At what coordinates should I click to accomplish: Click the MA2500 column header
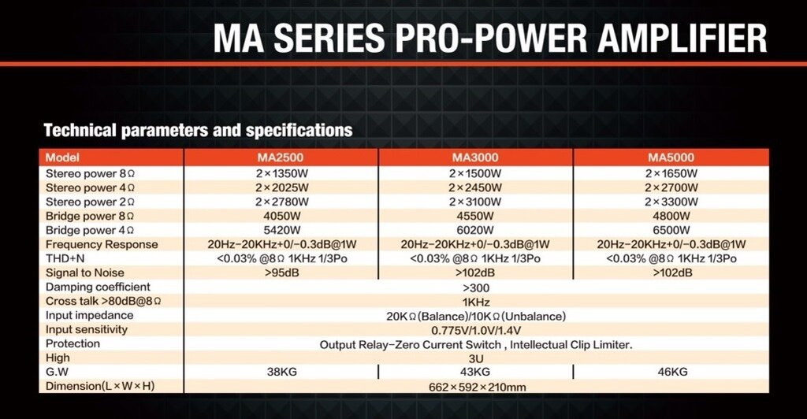[x=281, y=158]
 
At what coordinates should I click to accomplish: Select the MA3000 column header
[x=475, y=158]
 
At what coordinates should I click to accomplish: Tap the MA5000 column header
[x=671, y=158]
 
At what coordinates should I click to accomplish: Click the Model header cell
[x=62, y=158]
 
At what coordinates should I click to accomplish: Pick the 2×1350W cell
[x=281, y=173]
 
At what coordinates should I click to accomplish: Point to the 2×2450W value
[x=475, y=187]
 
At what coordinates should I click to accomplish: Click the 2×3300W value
[x=671, y=202]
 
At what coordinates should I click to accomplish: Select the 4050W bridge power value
[x=281, y=216]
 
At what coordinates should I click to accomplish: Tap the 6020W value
[x=475, y=230]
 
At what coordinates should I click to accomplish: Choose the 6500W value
[x=671, y=230]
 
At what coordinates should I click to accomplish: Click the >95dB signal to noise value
[x=281, y=273]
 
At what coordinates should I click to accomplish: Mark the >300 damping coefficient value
[x=475, y=287]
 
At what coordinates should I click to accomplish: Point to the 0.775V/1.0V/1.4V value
[x=476, y=330]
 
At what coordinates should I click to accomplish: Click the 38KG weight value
[x=282, y=372]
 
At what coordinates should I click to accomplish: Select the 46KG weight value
[x=672, y=372]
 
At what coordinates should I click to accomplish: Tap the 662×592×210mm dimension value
[x=477, y=387]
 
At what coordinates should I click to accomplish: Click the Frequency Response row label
[x=102, y=244]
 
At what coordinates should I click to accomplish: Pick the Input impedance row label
[x=90, y=315]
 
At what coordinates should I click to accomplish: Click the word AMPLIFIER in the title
[x=682, y=39]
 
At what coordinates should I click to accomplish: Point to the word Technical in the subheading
[x=80, y=130]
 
